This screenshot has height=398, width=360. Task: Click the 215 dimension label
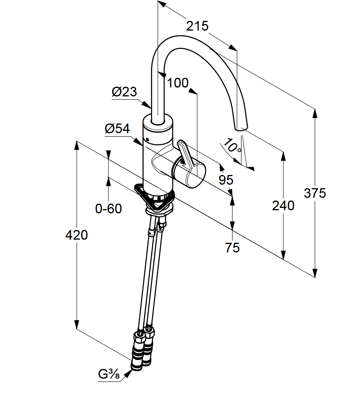tap(197, 26)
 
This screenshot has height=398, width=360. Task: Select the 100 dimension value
tap(178, 82)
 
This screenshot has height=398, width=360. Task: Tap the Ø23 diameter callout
tap(124, 92)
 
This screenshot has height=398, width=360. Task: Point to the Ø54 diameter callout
tap(117, 129)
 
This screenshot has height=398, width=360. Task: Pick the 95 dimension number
tap(226, 180)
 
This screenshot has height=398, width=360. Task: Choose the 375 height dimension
tap(315, 193)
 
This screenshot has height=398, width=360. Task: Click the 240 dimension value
tap(283, 206)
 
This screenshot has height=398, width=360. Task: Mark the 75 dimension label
tap(232, 247)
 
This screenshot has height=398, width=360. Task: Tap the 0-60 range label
tap(108, 209)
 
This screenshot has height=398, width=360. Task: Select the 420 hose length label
tap(76, 235)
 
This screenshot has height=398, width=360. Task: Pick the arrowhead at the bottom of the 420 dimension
tap(77, 325)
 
